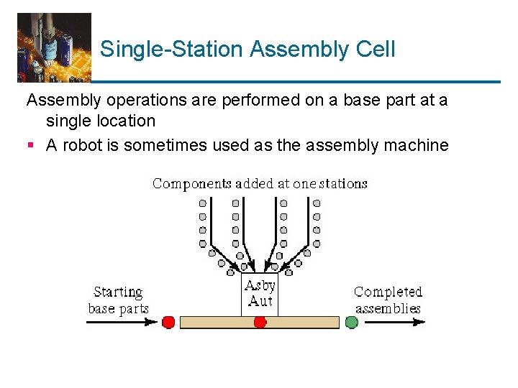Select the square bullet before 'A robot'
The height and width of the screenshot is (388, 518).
click(x=31, y=146)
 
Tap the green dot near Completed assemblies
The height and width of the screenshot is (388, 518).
click(x=351, y=323)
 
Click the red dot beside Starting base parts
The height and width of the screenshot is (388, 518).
click(x=168, y=323)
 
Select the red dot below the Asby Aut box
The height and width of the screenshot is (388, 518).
click(x=260, y=323)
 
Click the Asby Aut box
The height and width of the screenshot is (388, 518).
click(x=259, y=295)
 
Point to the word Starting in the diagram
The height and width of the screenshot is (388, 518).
click(x=118, y=292)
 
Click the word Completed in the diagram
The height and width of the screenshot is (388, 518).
click(x=388, y=292)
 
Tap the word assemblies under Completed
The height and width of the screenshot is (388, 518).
click(x=388, y=309)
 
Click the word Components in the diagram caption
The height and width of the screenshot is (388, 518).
click(x=191, y=184)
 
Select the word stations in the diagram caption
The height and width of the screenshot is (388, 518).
click(x=343, y=183)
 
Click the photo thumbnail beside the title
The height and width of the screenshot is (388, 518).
click(x=54, y=47)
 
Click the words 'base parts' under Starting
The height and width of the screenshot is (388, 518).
click(x=118, y=309)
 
